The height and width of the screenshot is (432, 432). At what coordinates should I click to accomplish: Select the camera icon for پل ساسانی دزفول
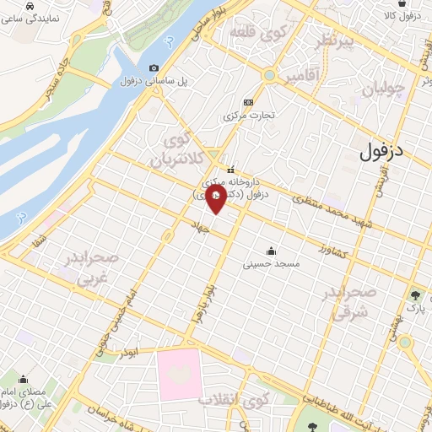154,68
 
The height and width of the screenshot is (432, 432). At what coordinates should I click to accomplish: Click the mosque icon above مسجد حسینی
271,251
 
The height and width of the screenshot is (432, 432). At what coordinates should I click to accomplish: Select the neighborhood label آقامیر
303,78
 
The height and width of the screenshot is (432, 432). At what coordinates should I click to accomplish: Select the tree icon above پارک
416,295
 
